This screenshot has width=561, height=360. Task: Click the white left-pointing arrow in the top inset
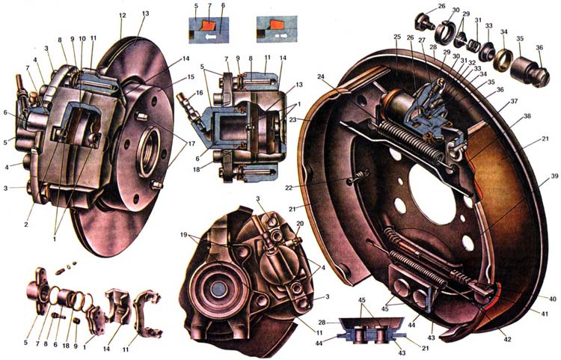213,35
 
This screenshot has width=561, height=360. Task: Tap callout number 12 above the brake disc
122,15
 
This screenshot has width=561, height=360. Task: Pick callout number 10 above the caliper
82,38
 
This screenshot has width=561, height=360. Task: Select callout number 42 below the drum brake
509,339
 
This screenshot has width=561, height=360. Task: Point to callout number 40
552,299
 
